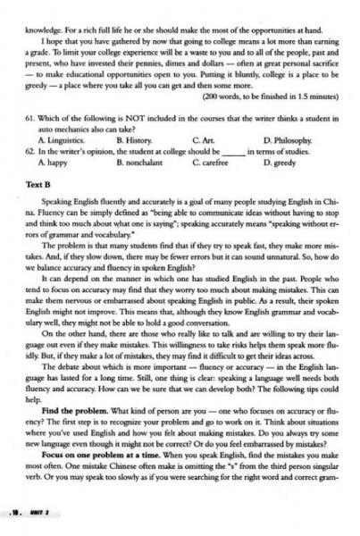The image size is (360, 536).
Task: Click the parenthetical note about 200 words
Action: tap(267, 94)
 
